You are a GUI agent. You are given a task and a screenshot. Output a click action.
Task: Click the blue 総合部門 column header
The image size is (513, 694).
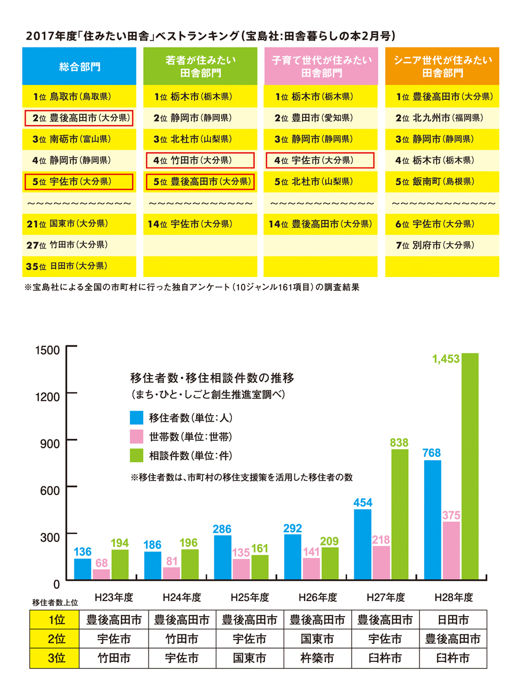click(79, 66)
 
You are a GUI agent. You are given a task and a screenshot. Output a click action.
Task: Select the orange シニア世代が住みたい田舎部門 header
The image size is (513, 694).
click(442, 66)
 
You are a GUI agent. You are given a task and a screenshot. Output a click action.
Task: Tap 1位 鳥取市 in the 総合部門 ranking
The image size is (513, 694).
click(72, 97)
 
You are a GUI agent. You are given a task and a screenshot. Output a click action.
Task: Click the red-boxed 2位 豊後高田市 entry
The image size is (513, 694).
click(79, 118)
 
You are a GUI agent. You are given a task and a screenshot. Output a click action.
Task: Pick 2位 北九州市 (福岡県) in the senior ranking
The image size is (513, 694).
click(439, 118)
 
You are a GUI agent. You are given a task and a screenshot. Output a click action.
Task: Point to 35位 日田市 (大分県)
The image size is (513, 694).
click(67, 266)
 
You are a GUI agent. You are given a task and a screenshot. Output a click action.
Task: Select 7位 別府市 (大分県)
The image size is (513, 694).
click(435, 245)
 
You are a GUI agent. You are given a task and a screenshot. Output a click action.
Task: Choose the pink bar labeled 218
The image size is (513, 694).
click(381, 562)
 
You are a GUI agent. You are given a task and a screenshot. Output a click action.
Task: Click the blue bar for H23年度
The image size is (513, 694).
click(82, 569)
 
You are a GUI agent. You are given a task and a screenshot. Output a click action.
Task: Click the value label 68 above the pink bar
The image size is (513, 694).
click(102, 563)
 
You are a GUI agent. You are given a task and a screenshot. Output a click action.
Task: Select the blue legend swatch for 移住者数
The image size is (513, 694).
click(136, 417)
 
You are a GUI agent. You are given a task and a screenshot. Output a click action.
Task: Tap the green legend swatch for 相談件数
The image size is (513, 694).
click(136, 455)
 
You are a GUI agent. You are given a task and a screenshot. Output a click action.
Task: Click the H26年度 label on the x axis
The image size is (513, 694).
click(317, 597)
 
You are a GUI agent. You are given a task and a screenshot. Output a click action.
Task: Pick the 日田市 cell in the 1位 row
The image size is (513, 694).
click(453, 620)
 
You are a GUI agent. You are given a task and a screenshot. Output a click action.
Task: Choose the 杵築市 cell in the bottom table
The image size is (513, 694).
click(317, 658)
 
